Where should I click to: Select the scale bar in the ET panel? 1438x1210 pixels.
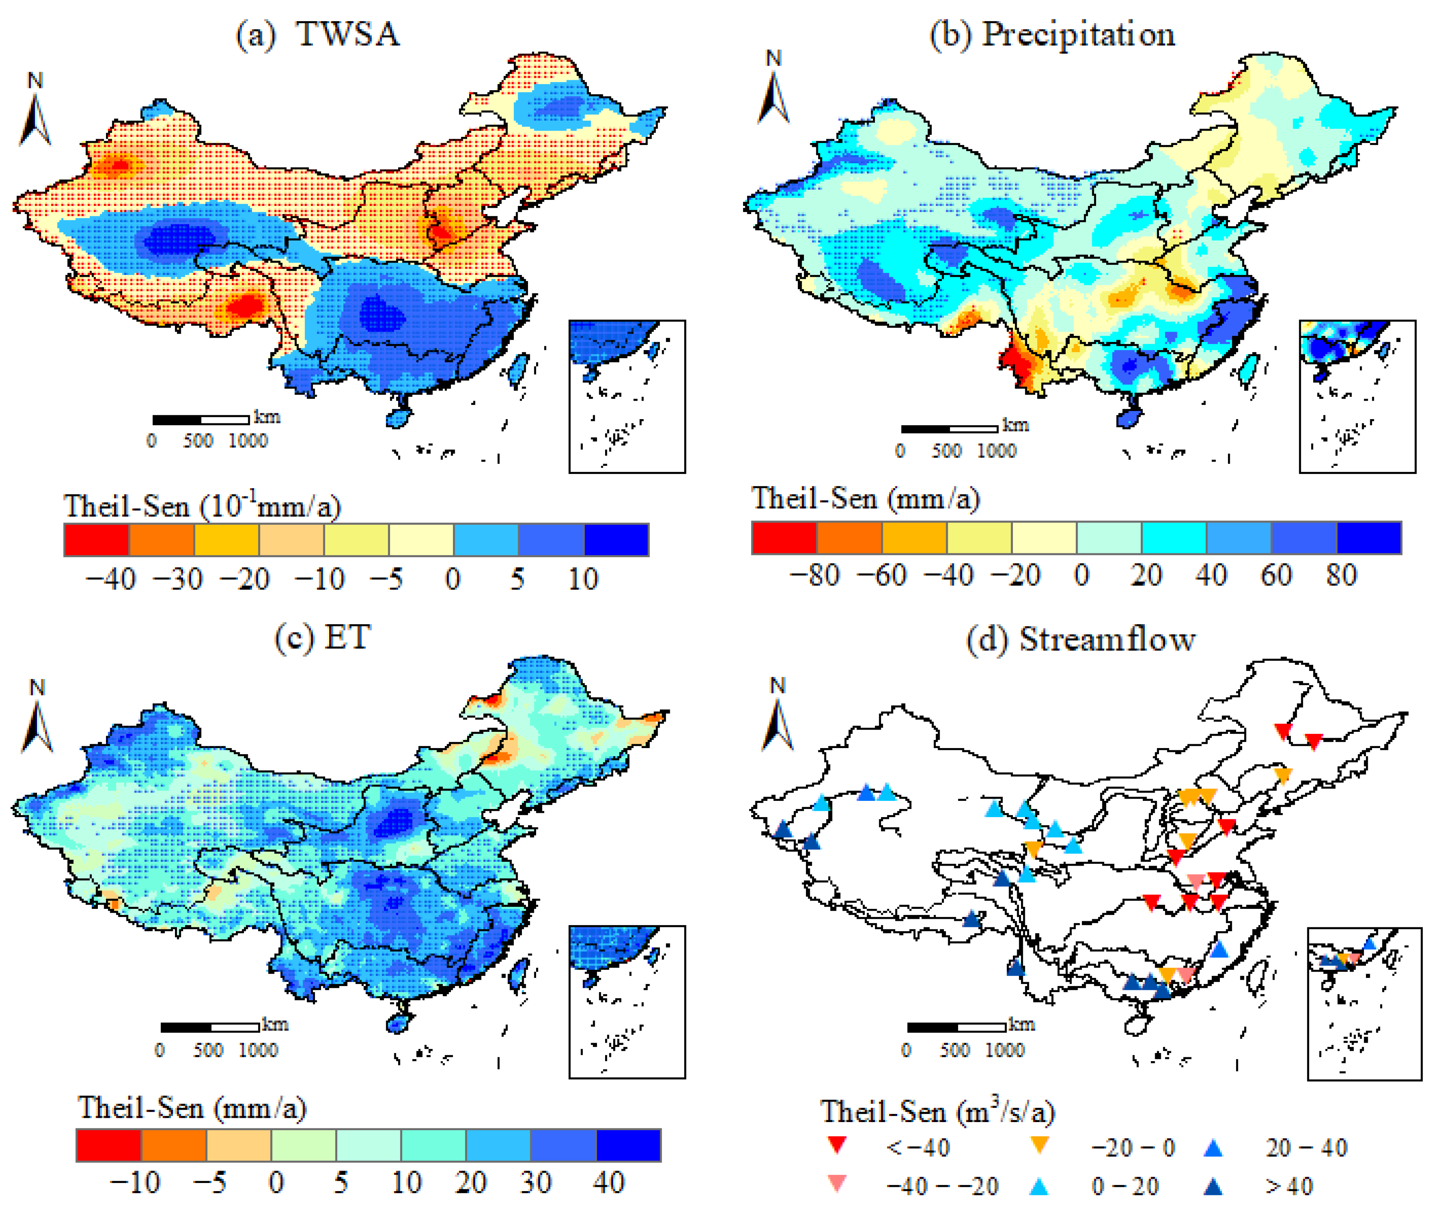210,1027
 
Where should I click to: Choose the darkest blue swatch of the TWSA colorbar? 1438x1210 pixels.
616,540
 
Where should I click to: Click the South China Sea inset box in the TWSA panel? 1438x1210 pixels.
627,396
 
